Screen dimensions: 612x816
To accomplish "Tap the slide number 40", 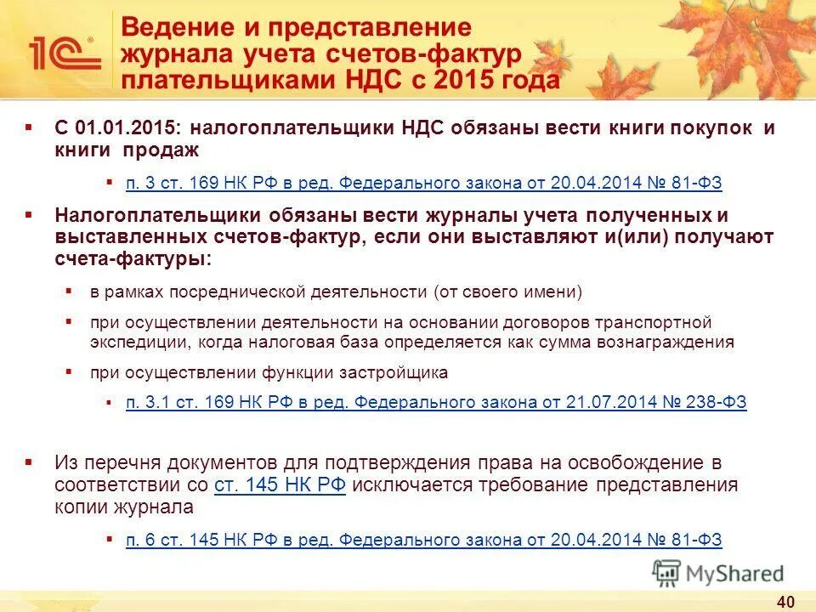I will pyautogui.click(x=785, y=602).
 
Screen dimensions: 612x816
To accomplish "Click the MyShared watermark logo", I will pyautogui.click(x=718, y=573).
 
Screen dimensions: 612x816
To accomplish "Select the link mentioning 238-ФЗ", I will pyautogui.click(x=436, y=403).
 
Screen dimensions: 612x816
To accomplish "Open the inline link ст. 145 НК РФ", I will pyautogui.click(x=280, y=485).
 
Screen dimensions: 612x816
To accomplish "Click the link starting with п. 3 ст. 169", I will pyautogui.click(x=424, y=183).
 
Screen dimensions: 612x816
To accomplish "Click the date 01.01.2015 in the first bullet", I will pyautogui.click(x=128, y=128).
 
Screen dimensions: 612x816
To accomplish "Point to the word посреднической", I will pyautogui.click(x=234, y=292).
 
